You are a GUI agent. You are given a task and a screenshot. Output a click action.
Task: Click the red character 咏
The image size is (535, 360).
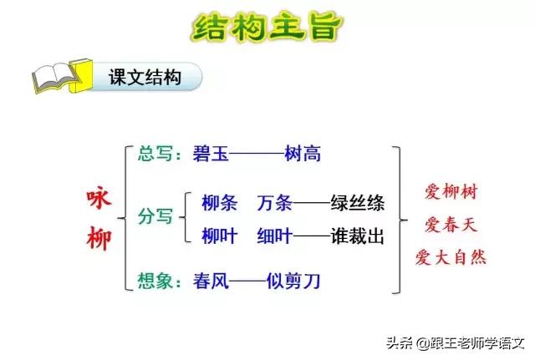(x=98, y=200)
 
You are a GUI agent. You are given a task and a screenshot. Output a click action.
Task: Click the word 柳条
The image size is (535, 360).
(x=220, y=203)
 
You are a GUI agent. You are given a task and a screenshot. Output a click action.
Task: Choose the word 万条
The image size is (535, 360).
(x=275, y=203)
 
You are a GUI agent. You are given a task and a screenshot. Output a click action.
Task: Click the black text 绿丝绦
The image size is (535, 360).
(x=357, y=203)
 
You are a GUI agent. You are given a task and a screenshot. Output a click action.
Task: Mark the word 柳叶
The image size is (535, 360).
(x=220, y=236)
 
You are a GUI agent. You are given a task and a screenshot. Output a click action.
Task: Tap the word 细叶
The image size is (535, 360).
(x=275, y=236)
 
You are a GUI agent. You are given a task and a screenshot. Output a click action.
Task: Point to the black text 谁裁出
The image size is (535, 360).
(x=357, y=236)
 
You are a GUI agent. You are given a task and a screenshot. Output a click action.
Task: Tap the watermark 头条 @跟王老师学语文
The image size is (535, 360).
(x=455, y=342)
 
